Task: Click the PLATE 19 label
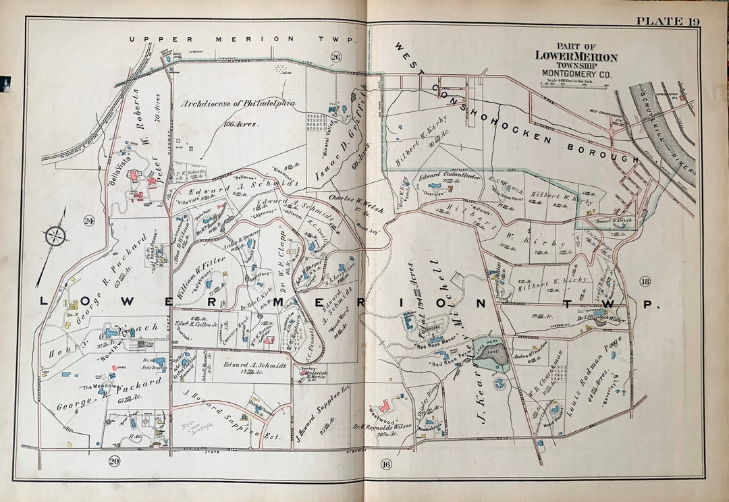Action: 668,21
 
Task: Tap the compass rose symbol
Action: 55,236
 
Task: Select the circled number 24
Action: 89,221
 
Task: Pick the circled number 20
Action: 113,461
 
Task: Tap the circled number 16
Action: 386,464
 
